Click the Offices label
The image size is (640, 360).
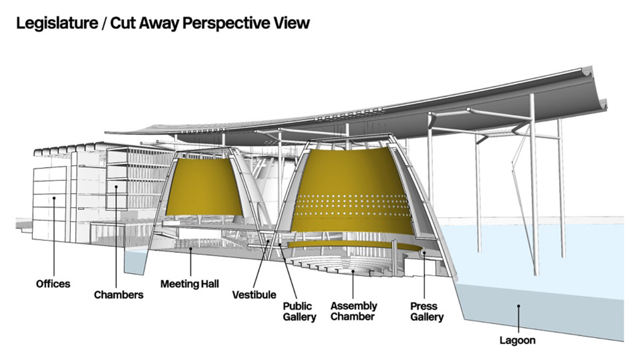pyautogui.click(x=53, y=284)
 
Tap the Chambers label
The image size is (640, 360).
pyautogui.click(x=118, y=294)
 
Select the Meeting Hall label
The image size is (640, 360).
pyautogui.click(x=190, y=284)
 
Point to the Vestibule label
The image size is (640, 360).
pyautogui.click(x=254, y=294)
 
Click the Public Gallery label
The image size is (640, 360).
pyautogui.click(x=298, y=311)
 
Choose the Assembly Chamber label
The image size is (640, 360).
pyautogui.click(x=354, y=311)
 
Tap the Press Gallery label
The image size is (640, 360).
pyautogui.click(x=427, y=311)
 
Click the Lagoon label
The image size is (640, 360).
pyautogui.click(x=517, y=339)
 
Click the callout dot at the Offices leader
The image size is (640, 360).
pyautogui.click(x=54, y=198)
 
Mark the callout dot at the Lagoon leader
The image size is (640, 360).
pyautogui.click(x=517, y=306)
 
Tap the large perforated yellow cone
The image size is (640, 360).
pyautogui.click(x=355, y=192)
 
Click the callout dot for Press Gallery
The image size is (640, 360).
pyautogui.click(x=423, y=253)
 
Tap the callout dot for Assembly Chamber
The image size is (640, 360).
pyautogui.click(x=353, y=271)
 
